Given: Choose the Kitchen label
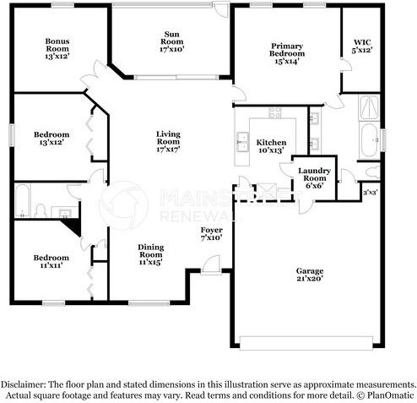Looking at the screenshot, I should [271, 146].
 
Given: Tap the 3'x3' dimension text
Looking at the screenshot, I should [369, 193].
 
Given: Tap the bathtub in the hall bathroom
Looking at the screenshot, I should [23, 200].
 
